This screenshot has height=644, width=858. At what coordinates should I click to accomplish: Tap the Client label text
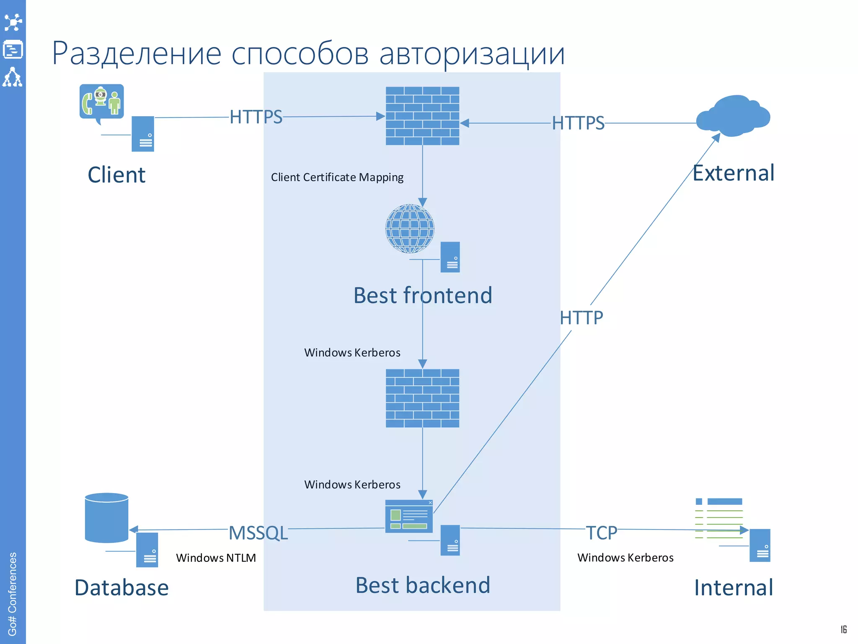pos(116,175)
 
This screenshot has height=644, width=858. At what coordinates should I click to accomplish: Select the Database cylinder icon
pos(106,517)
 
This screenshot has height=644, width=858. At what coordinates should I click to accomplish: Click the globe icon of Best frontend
pos(410,229)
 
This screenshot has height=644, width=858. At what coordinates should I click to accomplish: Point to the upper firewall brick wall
pos(422,116)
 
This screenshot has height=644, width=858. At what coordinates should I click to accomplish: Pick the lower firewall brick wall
pos(422,398)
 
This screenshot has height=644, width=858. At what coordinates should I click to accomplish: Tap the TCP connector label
pos(601,533)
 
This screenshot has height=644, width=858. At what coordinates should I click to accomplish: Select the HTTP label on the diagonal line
pos(581,318)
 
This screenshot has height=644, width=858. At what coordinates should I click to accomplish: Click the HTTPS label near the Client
pos(256,117)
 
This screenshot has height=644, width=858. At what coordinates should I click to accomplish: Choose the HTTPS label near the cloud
pos(578,123)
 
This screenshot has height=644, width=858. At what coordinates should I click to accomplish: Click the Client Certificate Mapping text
pos(337,177)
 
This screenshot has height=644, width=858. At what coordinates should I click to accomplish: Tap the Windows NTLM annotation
pos(216,558)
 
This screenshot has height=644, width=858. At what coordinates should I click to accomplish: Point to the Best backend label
pos(422,585)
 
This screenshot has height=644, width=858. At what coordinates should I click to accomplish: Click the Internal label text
pos(733,588)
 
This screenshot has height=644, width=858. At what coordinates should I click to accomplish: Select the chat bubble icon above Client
pos(101,102)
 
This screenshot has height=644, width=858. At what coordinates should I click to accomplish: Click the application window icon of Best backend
pos(409,516)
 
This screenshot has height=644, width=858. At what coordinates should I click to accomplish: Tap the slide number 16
pos(843,629)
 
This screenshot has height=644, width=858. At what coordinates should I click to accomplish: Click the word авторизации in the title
pos(472,54)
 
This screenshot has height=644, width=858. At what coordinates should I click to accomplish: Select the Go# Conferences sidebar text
pos(13,594)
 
